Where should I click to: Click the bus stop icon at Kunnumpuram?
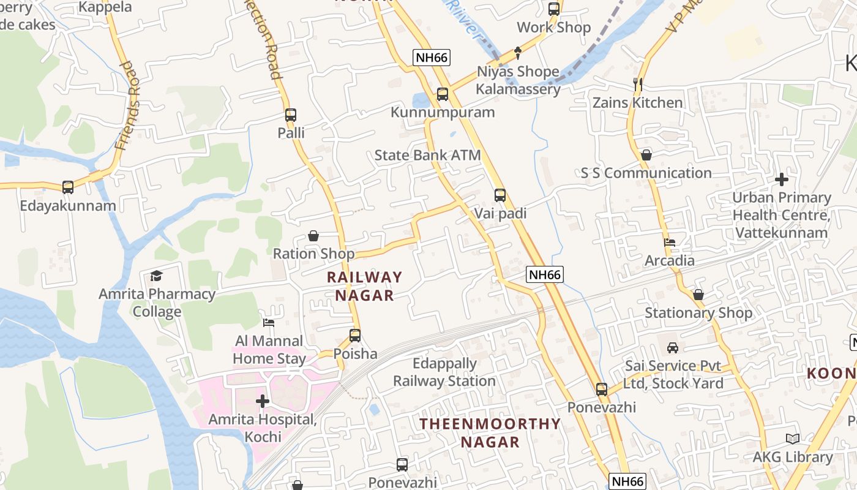(x=442, y=94)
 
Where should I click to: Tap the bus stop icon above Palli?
(x=291, y=115)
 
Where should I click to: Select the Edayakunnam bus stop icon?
(x=68, y=187)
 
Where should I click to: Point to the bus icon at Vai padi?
(x=500, y=195)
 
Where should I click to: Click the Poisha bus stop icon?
(x=355, y=335)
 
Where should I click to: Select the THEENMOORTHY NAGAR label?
(x=490, y=432)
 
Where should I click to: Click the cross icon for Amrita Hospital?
(x=263, y=401)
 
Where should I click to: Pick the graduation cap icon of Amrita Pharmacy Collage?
(x=157, y=276)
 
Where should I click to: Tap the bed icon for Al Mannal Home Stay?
(x=269, y=322)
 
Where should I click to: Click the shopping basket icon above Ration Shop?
(x=313, y=236)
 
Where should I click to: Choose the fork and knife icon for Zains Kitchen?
(x=637, y=85)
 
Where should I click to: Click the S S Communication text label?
(x=646, y=173)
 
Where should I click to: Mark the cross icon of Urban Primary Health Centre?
(x=782, y=179)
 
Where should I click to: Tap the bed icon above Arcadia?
(x=670, y=243)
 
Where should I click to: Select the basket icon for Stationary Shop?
(x=698, y=295)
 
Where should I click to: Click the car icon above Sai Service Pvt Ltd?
(x=673, y=347)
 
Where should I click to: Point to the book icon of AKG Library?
(x=793, y=439)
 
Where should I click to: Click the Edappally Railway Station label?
(x=444, y=372)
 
